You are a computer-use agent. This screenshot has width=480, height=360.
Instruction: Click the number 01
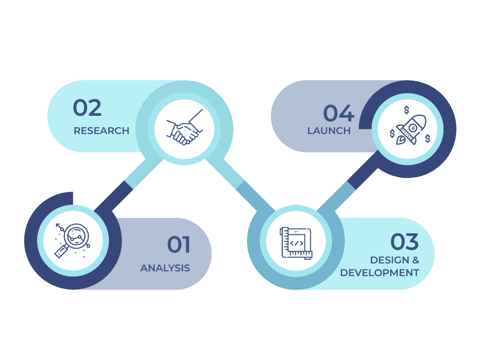coord(179,245)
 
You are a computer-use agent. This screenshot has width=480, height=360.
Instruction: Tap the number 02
coord(87,108)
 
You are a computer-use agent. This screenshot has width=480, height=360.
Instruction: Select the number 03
coord(405,242)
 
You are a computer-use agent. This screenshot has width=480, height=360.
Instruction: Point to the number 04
coord(338,114)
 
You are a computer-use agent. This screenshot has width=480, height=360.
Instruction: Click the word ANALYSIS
coord(165,268)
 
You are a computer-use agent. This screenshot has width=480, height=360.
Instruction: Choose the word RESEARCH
coord(101,131)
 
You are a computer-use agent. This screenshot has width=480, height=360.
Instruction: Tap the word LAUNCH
coord(329,131)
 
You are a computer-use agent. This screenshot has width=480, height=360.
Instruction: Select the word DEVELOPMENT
coord(380,273)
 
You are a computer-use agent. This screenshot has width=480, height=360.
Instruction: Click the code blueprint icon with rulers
coord(296,242)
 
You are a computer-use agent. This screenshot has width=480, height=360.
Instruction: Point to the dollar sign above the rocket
coord(406,110)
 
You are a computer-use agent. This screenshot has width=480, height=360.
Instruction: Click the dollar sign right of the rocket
coord(427,138)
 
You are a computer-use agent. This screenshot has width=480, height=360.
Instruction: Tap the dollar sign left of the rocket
coord(392,134)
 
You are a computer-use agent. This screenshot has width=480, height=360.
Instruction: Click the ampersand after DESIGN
coord(414,260)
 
